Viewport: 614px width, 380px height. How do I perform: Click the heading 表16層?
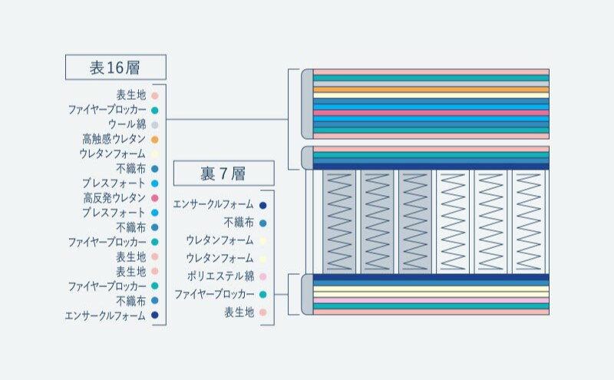115,68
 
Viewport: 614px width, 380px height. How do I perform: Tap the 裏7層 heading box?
223,173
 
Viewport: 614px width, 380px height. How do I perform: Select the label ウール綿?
127,124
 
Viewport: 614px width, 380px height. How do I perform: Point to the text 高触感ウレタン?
114,139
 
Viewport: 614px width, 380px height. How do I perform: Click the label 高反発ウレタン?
114,198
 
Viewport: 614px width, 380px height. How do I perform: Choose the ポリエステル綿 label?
220,276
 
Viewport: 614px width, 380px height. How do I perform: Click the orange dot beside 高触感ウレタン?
155,140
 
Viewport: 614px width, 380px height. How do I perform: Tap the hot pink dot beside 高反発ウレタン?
155,198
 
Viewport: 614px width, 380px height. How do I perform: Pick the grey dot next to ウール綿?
155,125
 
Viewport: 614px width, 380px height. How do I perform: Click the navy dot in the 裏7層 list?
262,205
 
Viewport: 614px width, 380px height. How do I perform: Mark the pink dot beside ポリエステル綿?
262,276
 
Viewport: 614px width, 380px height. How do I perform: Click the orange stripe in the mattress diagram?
431,90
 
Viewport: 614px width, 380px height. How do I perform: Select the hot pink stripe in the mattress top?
431,113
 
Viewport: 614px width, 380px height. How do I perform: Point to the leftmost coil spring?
339,222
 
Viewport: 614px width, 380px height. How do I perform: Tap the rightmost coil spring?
529,222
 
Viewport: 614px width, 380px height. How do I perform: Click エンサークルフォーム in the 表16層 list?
105,316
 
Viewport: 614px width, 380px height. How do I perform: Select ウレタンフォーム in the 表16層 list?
112,154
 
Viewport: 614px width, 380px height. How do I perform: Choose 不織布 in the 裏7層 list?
239,223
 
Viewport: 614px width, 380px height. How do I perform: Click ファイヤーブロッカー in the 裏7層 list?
214,294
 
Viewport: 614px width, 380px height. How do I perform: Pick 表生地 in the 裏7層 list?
239,312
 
